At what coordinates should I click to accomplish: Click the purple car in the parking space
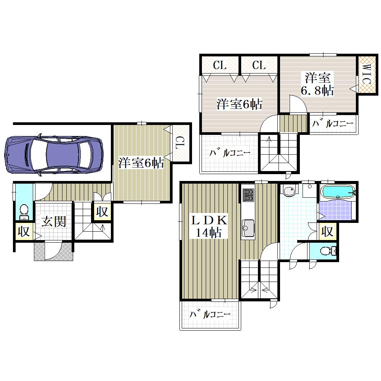(x=54, y=155)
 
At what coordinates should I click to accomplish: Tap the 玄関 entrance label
(x=54, y=221)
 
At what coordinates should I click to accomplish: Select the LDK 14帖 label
(x=209, y=226)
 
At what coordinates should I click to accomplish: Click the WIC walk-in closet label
(x=367, y=74)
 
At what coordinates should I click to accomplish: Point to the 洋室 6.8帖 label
(x=317, y=84)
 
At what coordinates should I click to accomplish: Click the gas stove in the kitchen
(x=248, y=195)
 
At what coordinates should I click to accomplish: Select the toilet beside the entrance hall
(x=24, y=211)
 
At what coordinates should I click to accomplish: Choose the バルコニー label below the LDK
(x=210, y=314)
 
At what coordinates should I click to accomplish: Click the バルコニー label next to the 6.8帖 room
(x=333, y=124)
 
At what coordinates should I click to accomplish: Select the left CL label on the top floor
(x=220, y=66)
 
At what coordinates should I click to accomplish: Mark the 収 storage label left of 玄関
(x=24, y=231)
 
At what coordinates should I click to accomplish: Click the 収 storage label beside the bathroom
(x=327, y=231)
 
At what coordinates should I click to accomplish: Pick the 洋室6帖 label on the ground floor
(x=141, y=163)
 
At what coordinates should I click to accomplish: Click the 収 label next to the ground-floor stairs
(x=102, y=212)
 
